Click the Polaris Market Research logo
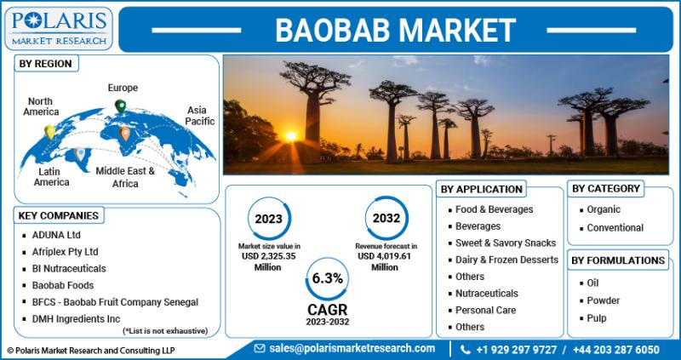pos(59,28)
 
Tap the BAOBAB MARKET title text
pos(395,31)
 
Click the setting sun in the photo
pos(291,136)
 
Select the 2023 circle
pos(268,219)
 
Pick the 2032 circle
pos(386,218)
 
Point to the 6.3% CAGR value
pos(328,279)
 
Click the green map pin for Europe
pos(120,106)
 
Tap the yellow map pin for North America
pos(50,132)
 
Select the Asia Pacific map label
pos(200,116)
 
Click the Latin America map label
pos(52,177)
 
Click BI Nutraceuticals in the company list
pos(69,269)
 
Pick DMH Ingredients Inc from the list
pos(76,319)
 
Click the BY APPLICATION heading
pos(481,189)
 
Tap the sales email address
pos(352,348)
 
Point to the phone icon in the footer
pos(465,350)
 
